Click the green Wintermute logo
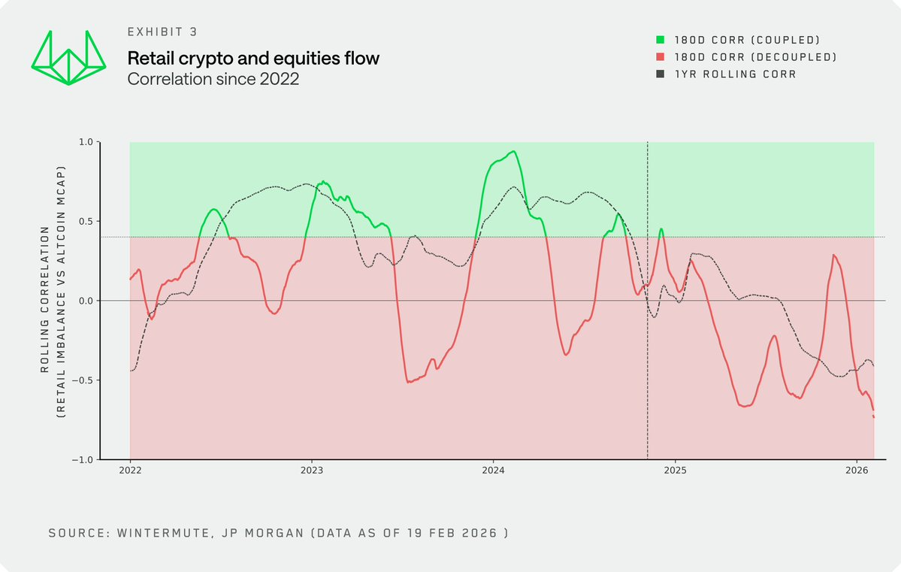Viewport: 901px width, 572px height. pyautogui.click(x=68, y=57)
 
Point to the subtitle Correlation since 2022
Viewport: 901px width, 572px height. pyautogui.click(x=213, y=78)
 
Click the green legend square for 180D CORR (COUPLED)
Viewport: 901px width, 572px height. pyautogui.click(x=661, y=40)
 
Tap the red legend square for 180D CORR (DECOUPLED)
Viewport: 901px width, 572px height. pyautogui.click(x=661, y=57)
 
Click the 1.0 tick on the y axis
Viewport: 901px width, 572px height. pyautogui.click(x=85, y=142)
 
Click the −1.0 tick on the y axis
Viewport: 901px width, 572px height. pyautogui.click(x=82, y=460)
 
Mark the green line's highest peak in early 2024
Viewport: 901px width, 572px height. pyautogui.click(x=512, y=152)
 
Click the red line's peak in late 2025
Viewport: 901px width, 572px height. pyautogui.click(x=834, y=256)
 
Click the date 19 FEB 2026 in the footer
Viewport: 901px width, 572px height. pyautogui.click(x=454, y=533)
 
